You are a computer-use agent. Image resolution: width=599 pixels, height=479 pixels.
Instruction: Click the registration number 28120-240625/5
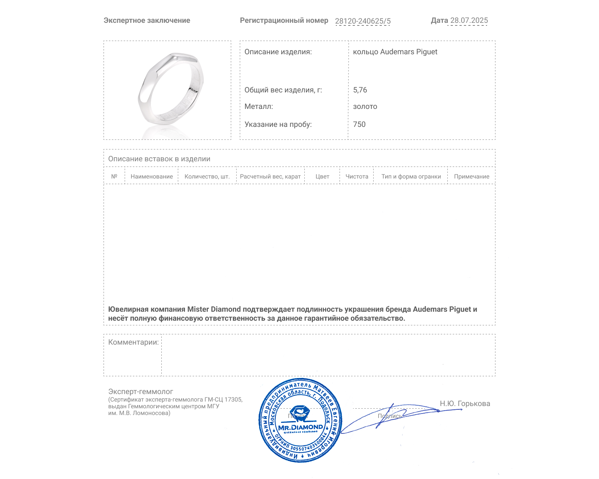pos(362,21)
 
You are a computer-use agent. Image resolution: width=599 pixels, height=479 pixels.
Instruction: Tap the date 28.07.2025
pos(469,21)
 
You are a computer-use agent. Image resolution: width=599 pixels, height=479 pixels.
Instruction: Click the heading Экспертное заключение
pos(147,21)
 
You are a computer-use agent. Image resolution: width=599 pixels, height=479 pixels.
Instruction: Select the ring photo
pos(170,90)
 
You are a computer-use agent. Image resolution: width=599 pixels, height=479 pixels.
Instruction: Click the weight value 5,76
pos(360,90)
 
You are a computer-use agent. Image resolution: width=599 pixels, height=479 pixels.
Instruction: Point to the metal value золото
pos(365,107)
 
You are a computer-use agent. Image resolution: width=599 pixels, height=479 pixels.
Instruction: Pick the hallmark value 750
pos(359,124)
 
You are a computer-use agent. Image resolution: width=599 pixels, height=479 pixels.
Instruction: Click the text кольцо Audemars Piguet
pos(395,52)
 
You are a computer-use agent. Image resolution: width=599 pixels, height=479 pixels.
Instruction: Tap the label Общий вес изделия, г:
pos(283,90)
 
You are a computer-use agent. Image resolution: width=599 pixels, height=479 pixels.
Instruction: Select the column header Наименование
pos(152,177)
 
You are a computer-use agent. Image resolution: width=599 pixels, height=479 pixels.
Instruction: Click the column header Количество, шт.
pos(207,177)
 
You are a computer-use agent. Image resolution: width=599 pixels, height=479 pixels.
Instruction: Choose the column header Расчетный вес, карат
pos(270,177)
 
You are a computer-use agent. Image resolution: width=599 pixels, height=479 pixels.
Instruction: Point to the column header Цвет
pos(322,177)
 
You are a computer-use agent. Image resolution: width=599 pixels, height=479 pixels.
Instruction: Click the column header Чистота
pos(357,177)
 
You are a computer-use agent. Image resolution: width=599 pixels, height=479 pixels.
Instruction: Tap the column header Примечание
pos(471,177)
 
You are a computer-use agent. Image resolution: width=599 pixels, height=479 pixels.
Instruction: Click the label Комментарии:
pos(133,342)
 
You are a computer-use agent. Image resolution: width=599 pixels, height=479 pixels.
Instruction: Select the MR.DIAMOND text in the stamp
pos(300,427)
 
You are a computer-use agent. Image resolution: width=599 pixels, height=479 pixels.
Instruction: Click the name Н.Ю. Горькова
pos(465,403)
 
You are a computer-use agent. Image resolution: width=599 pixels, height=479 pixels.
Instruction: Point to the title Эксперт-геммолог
pos(140,392)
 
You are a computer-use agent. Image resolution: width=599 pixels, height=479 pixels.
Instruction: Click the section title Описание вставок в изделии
pos(159,159)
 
